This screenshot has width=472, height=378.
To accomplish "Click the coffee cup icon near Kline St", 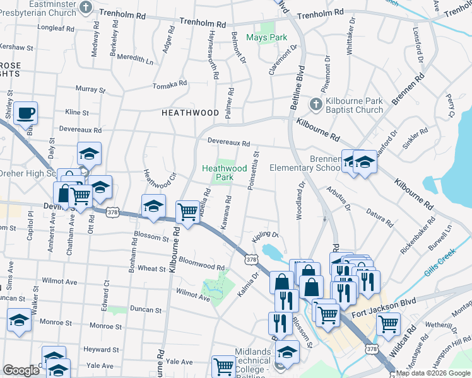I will (25, 113).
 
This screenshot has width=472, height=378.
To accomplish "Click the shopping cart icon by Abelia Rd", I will (187, 212).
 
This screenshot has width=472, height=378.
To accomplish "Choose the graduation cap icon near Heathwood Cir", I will (152, 206).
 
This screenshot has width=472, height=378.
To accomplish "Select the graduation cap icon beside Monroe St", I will (19, 321).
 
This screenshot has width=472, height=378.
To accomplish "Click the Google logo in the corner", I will (21, 370).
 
